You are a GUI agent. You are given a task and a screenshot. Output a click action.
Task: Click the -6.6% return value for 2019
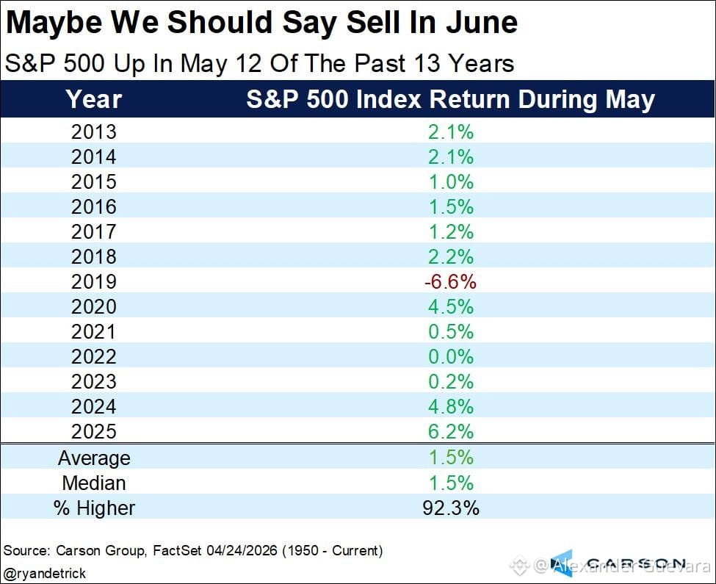pyautogui.click(x=450, y=282)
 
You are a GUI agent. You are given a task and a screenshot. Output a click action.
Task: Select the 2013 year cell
pyautogui.click(x=94, y=132)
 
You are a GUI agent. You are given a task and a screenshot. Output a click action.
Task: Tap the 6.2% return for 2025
pyautogui.click(x=451, y=431)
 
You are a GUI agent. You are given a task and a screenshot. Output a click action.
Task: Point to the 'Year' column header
pyautogui.click(x=93, y=99)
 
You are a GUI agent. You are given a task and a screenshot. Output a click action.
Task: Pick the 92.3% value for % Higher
pyautogui.click(x=451, y=508)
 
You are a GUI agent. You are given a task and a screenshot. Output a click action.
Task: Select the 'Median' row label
pyautogui.click(x=94, y=483)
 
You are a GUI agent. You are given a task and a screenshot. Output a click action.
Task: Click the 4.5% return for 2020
pyautogui.click(x=451, y=307)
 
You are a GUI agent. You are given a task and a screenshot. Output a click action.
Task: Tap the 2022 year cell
pyautogui.click(x=94, y=356)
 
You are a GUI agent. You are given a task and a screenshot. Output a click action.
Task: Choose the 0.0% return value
pyautogui.click(x=451, y=356)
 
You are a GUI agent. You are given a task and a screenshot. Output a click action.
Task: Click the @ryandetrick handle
pyautogui.click(x=44, y=573)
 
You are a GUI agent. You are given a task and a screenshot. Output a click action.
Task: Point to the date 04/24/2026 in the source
pyautogui.click(x=242, y=550)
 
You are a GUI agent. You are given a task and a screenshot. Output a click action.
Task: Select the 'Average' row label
pyautogui.click(x=94, y=458)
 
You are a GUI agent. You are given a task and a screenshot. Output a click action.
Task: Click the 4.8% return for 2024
pyautogui.click(x=451, y=406)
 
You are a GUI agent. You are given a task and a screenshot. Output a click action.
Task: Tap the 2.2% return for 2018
pyautogui.click(x=451, y=256)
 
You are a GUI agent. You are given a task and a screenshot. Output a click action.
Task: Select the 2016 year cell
pyautogui.click(x=94, y=207)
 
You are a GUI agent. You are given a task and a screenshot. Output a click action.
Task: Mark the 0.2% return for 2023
pyautogui.click(x=451, y=382)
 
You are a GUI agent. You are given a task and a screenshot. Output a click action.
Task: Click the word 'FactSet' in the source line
pyautogui.click(x=177, y=550)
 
